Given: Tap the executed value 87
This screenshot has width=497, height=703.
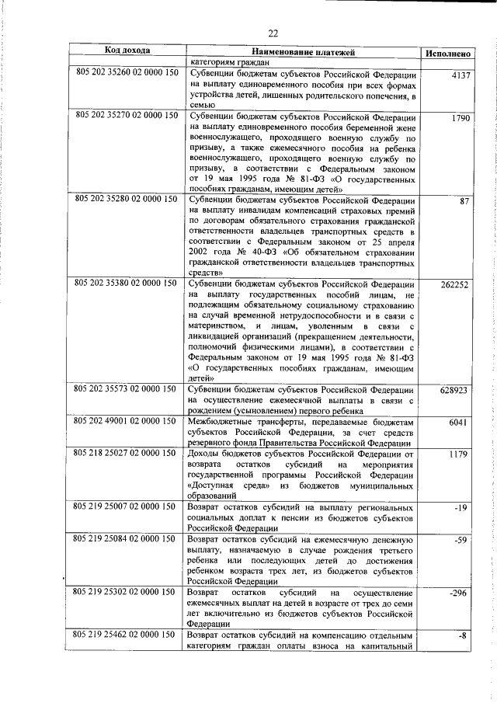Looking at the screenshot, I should tap(465, 202).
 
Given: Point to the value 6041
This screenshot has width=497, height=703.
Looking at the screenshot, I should tap(461, 423).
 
